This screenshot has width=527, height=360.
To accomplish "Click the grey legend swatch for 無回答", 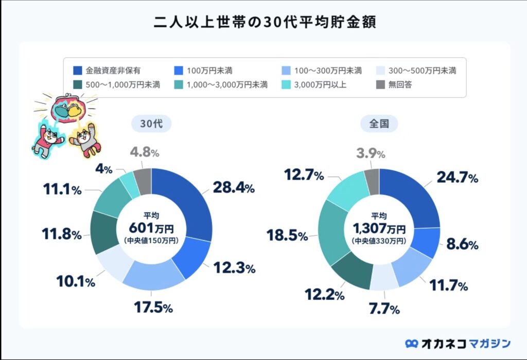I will click(380, 84).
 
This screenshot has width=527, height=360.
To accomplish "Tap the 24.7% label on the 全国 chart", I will click(458, 178).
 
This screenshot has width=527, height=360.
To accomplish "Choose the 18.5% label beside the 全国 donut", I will click(287, 236).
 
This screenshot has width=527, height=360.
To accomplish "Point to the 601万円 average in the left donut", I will click(151, 228).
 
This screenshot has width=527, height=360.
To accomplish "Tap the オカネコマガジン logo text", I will click(464, 343).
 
